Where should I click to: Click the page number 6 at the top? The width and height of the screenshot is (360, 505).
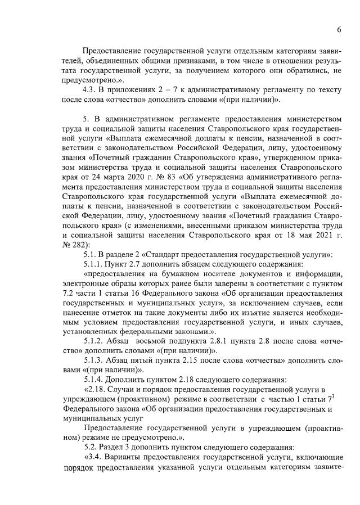coord(339,29)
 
